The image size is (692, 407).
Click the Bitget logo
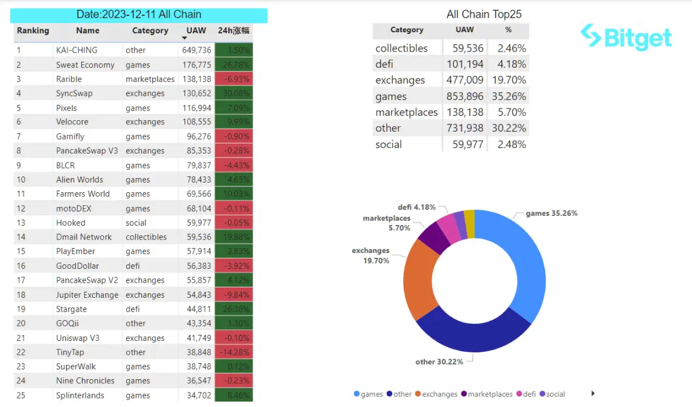(x=626, y=38)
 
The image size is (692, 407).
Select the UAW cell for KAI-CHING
(x=197, y=50)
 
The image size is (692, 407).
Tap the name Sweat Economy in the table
(x=85, y=65)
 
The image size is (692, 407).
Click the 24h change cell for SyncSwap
(x=234, y=93)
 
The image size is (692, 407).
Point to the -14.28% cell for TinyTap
(x=234, y=352)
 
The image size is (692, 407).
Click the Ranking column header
(x=33, y=30)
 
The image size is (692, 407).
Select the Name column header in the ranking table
(x=88, y=30)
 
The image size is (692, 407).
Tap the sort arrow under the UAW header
(x=185, y=39)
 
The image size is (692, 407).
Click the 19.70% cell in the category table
(x=509, y=80)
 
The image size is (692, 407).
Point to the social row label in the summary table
(x=388, y=144)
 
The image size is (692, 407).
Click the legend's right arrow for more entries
(x=593, y=394)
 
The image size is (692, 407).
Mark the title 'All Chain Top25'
(x=484, y=15)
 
